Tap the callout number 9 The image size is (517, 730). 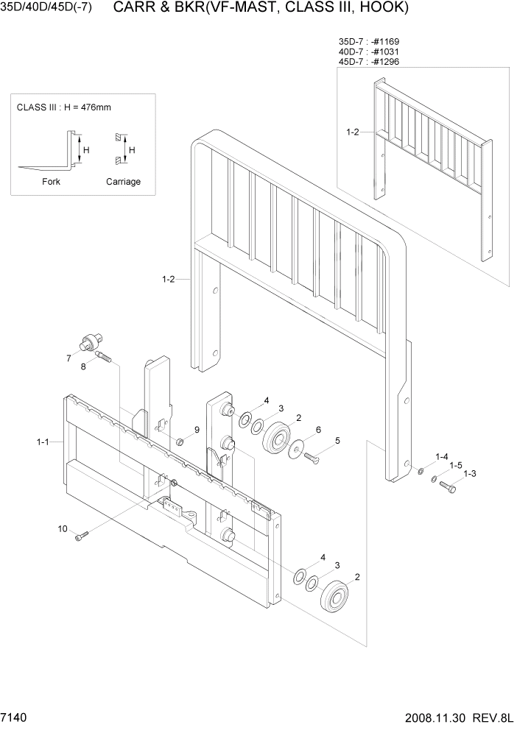coord(197,430)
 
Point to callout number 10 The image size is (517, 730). coord(63,528)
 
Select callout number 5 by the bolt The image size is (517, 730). coord(337,441)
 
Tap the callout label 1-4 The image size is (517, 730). coord(442,456)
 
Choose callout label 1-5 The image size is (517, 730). coord(456,465)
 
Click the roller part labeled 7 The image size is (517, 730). coord(90,341)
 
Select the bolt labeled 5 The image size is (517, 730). coord(311,458)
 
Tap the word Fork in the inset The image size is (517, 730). coord(52,182)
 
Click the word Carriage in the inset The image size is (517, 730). coord(123,182)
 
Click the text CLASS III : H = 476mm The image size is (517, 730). coord(63,107)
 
